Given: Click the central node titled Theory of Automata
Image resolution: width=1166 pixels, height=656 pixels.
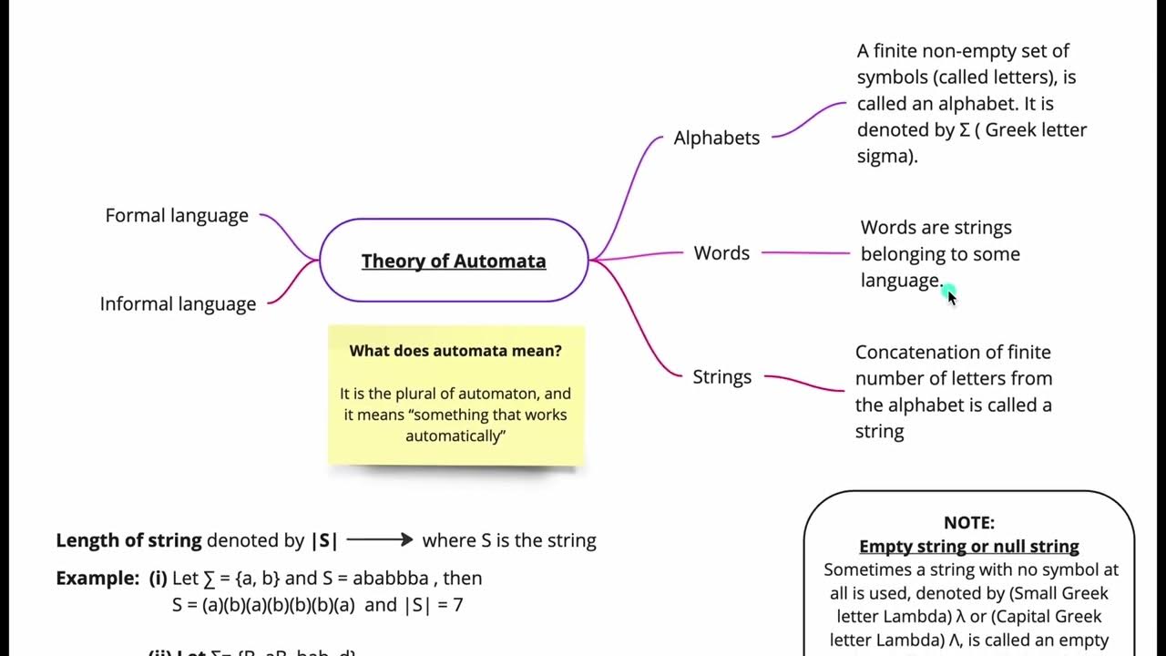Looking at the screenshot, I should tap(454, 261).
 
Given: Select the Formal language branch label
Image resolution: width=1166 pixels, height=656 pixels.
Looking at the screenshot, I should tap(177, 216).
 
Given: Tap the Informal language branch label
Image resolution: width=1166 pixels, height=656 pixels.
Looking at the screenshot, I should tap(178, 304).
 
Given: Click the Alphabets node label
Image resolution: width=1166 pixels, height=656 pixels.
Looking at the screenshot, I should tap(716, 138).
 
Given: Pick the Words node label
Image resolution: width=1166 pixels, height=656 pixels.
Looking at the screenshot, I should tap(721, 253).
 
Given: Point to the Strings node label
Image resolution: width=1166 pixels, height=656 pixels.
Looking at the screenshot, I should tap(721, 377).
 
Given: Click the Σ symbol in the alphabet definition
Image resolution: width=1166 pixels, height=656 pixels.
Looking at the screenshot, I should tap(965, 130).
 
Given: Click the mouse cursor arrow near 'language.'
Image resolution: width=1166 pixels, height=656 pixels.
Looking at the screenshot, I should tap(951, 296).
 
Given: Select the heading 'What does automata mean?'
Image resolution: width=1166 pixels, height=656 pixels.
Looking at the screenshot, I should tap(455, 351).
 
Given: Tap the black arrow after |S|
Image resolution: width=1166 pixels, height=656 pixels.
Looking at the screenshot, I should tap(380, 540).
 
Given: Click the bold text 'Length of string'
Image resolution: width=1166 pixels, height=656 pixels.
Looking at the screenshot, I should tap(128, 540).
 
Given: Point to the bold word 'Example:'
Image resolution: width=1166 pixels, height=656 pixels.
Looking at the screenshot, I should tap(97, 579).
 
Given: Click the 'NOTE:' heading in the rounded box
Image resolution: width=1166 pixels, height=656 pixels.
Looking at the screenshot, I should tap(968, 523).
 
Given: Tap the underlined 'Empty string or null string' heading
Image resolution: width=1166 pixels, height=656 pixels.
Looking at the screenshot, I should tap(968, 547).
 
